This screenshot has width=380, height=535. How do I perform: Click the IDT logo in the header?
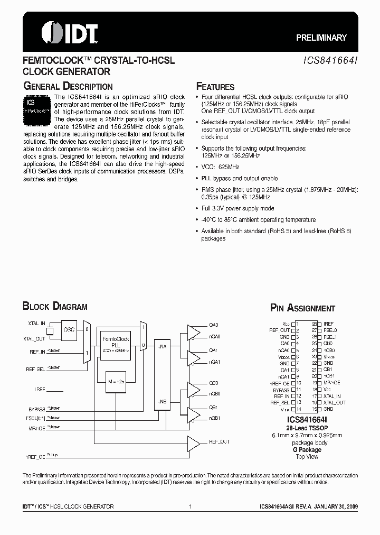click(69, 32)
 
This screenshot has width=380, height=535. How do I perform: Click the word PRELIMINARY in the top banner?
click(321, 38)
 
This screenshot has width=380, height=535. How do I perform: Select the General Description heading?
click(68, 87)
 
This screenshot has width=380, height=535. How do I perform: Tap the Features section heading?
click(215, 87)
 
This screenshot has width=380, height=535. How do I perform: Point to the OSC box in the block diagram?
click(69, 329)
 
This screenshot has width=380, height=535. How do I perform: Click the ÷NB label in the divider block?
click(162, 402)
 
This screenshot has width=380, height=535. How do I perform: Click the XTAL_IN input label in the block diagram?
click(36, 323)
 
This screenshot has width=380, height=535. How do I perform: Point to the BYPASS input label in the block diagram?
click(37, 409)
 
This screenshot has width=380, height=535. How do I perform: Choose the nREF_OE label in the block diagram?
click(35, 455)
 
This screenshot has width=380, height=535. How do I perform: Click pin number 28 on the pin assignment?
click(315, 324)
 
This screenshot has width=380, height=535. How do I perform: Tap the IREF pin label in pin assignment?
click(328, 324)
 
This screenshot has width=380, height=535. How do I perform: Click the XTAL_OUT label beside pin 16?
click(335, 402)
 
